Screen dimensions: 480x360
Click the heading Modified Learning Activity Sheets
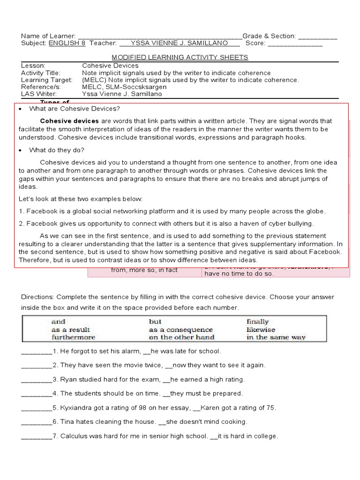click(x=180, y=57)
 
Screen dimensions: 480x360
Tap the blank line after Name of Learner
click(x=159, y=37)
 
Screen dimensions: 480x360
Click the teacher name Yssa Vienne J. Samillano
click(x=180, y=43)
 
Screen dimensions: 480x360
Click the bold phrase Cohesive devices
click(x=69, y=121)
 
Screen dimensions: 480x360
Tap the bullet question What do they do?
click(x=57, y=150)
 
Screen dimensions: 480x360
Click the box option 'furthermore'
click(x=73, y=337)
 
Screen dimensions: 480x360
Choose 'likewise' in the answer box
click(x=261, y=330)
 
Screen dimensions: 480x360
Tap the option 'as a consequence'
click(x=180, y=330)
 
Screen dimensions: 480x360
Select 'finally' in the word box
click(x=257, y=322)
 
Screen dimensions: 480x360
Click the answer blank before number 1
click(x=36, y=351)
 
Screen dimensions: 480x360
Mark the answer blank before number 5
click(x=36, y=408)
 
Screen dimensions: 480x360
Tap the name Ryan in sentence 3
click(x=68, y=379)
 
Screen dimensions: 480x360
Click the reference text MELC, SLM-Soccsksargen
click(x=124, y=87)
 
